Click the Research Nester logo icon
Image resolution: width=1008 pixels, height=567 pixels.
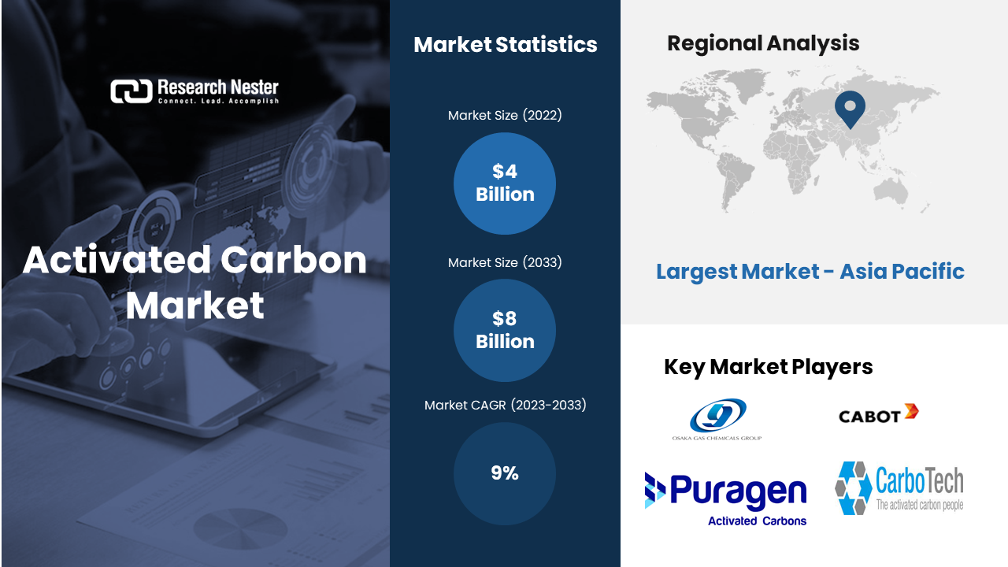pos(132,91)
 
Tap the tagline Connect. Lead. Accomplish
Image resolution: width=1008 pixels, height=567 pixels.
pos(218,101)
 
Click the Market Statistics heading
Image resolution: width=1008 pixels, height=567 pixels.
pos(506,45)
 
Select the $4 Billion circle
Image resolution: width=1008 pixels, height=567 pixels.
pos(505,183)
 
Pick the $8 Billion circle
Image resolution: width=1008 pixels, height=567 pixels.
pos(505,330)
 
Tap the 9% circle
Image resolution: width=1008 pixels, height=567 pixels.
pos(505,473)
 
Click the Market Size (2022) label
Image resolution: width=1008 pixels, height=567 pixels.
pos(505,115)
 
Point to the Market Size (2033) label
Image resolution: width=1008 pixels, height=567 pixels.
pos(505,262)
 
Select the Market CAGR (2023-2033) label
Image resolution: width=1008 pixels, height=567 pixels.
pos(506,405)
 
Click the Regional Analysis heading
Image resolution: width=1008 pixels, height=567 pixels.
pos(763,43)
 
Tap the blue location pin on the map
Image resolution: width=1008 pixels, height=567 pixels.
pos(850,109)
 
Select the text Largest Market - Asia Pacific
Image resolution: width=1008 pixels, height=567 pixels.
pos(810,272)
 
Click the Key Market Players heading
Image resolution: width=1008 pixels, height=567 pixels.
pos(768,367)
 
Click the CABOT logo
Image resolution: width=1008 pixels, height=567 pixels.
pos(878,414)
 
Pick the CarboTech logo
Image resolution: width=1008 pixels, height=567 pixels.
pos(899,488)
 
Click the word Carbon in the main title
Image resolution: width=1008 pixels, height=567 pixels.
pos(294,260)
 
